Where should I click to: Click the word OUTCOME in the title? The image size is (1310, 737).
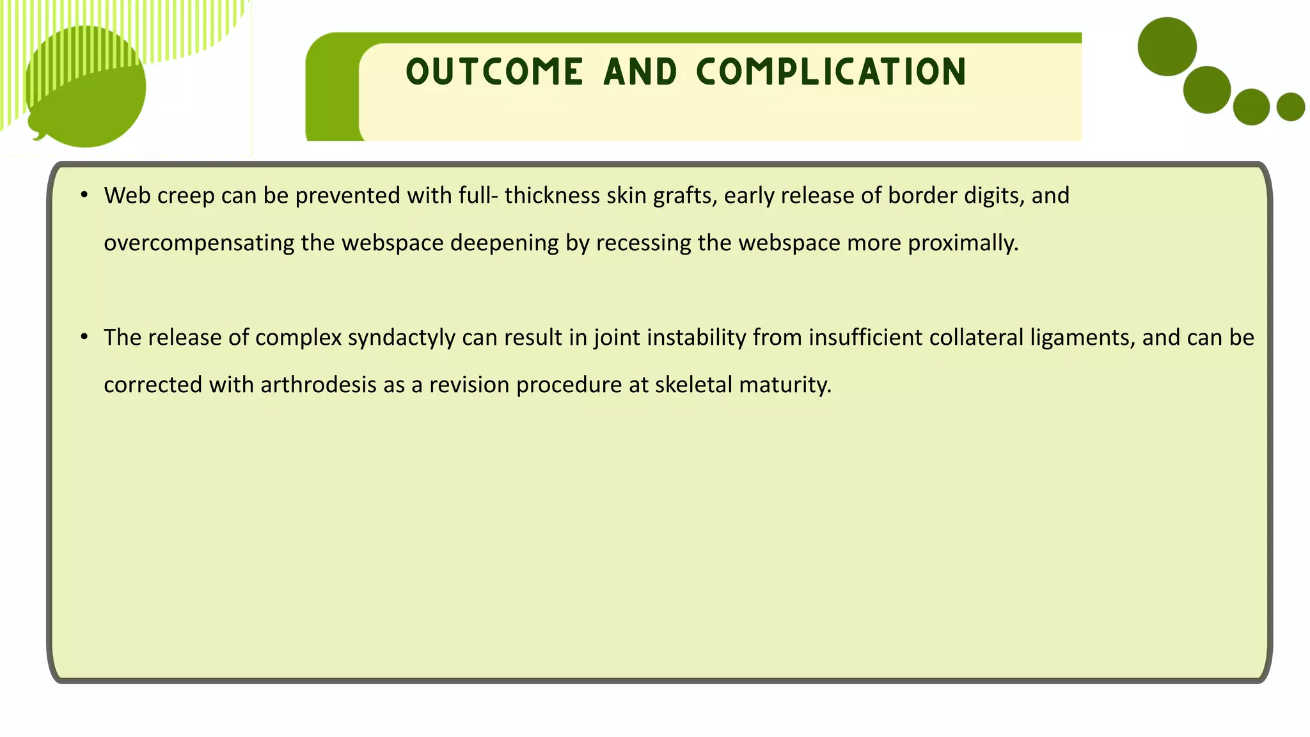[x=494, y=72]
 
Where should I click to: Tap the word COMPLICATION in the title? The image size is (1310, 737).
[x=832, y=72]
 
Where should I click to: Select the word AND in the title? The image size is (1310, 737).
[x=640, y=72]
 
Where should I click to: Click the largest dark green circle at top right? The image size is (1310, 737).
[x=1167, y=47]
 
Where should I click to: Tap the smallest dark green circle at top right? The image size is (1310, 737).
[x=1290, y=107]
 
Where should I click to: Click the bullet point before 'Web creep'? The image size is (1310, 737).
[x=84, y=194]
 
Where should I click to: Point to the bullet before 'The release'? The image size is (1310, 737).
[x=84, y=337]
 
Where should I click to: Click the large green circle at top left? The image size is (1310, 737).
[x=86, y=86]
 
